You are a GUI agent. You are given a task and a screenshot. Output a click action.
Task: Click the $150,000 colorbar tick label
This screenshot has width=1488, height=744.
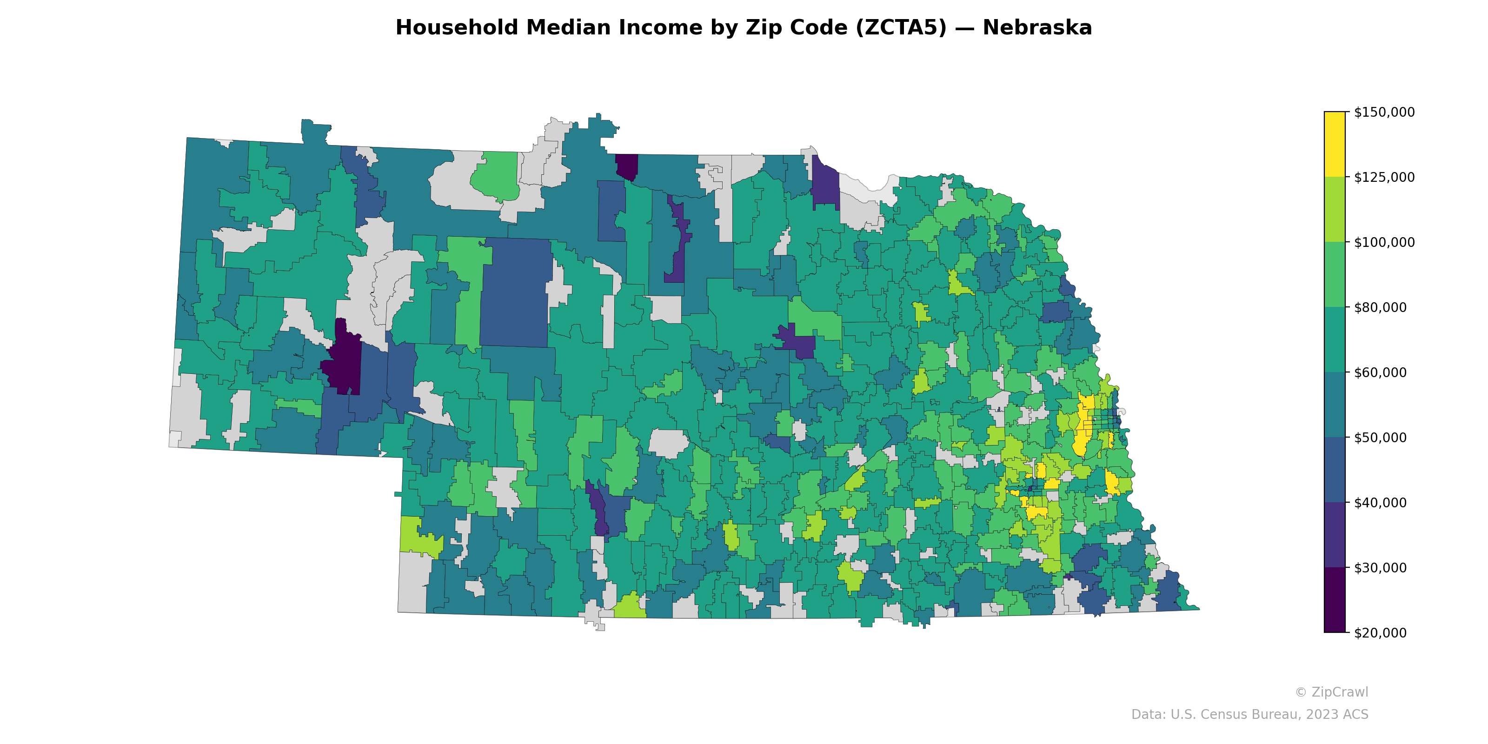click(x=1384, y=112)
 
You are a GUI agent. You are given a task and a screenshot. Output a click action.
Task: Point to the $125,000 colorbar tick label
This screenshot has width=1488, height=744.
click(x=1384, y=177)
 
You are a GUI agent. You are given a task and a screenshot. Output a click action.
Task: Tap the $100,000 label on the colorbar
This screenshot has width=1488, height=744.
click(x=1384, y=242)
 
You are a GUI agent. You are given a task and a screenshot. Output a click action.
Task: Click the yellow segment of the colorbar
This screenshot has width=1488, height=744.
click(x=1335, y=145)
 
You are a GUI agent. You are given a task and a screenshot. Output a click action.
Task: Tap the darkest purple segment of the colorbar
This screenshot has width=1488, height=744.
click(x=1335, y=600)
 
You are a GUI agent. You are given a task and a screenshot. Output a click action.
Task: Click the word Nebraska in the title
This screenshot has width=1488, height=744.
click(x=1037, y=28)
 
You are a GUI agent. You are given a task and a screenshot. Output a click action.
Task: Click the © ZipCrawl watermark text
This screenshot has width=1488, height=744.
click(x=1331, y=692)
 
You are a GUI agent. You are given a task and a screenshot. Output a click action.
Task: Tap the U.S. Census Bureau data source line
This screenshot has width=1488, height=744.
click(x=1249, y=715)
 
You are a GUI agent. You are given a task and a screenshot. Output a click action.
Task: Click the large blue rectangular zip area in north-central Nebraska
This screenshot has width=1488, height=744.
click(x=515, y=292)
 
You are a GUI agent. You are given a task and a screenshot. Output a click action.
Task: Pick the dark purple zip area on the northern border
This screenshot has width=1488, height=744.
click(x=627, y=166)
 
